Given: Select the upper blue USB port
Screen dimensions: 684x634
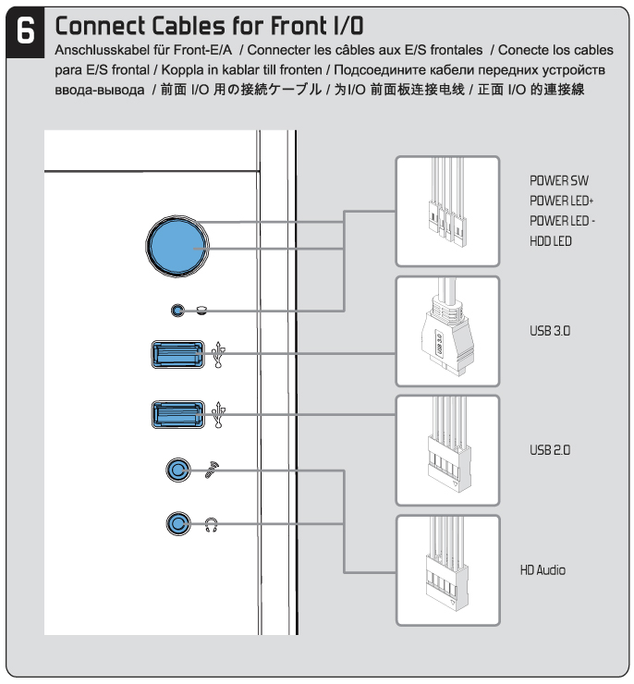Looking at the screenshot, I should coord(177,355).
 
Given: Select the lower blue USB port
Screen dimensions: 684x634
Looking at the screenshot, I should coord(177,413).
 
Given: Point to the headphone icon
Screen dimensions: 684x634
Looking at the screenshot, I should coord(210,526).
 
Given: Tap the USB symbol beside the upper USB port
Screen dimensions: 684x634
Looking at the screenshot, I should coord(218,355).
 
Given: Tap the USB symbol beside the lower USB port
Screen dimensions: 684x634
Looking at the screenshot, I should coord(218,413).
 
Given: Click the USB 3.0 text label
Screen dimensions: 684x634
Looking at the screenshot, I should coord(549,330).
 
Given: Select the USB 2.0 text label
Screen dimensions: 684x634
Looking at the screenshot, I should coord(549,448).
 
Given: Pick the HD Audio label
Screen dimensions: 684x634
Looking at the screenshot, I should coord(543,569).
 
